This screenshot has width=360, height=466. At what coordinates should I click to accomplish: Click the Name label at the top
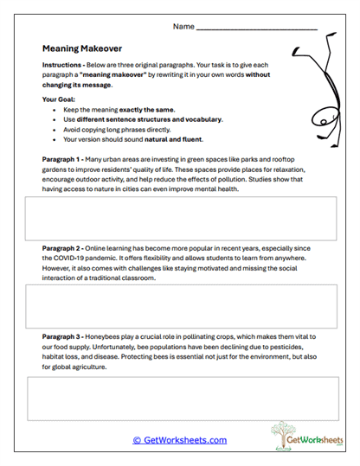coord(183,27)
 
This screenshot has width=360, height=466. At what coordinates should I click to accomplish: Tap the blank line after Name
coord(256,29)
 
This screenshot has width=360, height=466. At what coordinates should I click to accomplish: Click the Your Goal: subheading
coord(61,99)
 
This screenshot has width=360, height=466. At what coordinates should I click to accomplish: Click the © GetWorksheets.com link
coord(179,440)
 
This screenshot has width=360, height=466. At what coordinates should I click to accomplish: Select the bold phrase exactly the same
coord(145,110)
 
